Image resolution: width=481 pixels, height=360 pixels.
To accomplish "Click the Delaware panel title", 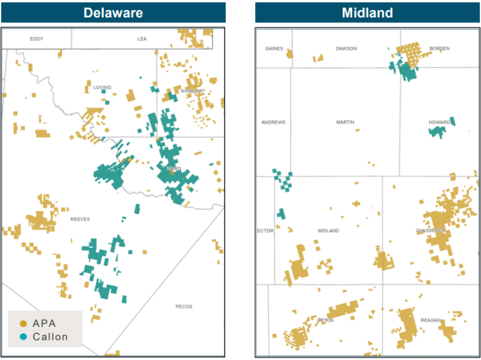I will click(113, 12).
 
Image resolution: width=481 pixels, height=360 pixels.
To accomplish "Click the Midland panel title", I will click(368, 12).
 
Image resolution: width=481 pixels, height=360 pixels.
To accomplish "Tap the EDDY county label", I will click(37, 39).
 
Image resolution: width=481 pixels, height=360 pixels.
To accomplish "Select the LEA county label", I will click(142, 39).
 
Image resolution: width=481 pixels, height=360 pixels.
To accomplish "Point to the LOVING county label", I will click(102, 88).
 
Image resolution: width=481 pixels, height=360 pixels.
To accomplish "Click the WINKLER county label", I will click(192, 92).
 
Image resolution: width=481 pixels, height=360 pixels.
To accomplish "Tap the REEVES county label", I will click(80, 219).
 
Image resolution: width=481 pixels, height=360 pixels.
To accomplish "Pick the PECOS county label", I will click(184, 306).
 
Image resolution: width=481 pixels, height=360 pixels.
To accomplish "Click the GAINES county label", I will click(274, 49).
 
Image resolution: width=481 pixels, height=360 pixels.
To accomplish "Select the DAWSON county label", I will click(346, 49).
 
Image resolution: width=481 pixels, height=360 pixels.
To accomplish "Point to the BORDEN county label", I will click(439, 49).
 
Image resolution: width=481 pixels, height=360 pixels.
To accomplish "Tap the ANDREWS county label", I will click(273, 123).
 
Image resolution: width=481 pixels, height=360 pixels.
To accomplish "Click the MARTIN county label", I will click(345, 123).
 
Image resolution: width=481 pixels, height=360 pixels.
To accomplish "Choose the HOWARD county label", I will click(439, 123).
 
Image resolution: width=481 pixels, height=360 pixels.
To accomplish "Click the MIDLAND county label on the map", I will click(329, 231).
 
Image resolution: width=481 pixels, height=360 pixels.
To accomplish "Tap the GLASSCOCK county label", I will click(431, 231).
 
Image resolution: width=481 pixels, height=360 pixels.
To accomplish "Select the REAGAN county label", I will click(430, 321).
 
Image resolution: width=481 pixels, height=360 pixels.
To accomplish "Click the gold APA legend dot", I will click(24, 323).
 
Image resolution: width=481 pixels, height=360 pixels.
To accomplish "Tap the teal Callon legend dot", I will click(24, 337).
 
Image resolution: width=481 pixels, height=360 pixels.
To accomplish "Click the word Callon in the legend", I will click(50, 337).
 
